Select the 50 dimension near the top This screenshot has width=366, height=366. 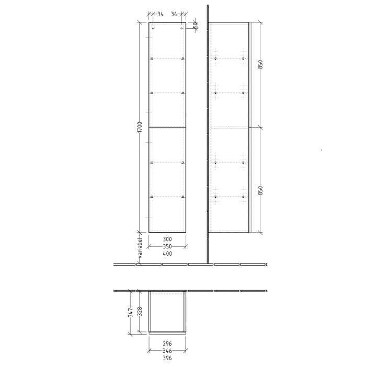coord(195,24)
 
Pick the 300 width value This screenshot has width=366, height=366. coord(167,239)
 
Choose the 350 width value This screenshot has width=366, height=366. coord(167,246)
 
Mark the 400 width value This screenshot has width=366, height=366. coord(167,254)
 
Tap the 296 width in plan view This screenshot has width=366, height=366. coord(167,344)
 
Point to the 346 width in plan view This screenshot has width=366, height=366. coord(167,351)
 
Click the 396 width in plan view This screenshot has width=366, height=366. coord(167,358)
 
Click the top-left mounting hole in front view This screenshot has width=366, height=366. coord(153,29)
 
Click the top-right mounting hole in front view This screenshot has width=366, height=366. coord(182,29)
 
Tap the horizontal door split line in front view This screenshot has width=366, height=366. coord(167,127)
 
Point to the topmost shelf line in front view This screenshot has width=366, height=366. coord(167,58)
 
